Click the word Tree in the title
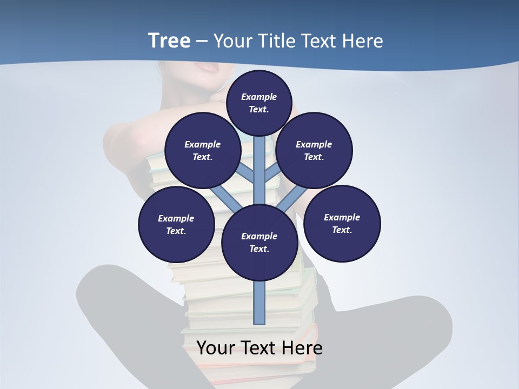click(x=169, y=41)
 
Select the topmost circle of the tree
click(x=259, y=103)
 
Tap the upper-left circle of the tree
click(x=203, y=151)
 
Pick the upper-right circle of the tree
click(x=314, y=151)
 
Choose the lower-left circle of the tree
click(x=176, y=224)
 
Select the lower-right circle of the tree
click(x=342, y=223)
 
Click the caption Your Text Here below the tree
click(x=259, y=348)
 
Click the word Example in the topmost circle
click(x=259, y=97)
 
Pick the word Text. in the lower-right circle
click(x=342, y=230)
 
